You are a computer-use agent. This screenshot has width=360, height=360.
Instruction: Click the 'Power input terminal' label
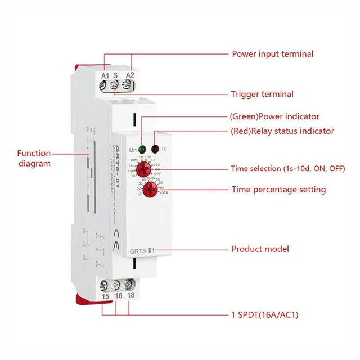point(273,54)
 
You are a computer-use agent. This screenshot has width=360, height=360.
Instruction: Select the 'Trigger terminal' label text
point(262,94)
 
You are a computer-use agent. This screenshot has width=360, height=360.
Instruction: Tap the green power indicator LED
point(142,149)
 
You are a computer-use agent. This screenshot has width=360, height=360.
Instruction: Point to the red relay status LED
point(155,149)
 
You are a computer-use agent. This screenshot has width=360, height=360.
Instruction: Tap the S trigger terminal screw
point(116,85)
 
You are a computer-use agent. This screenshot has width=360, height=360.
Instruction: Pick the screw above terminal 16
point(117,285)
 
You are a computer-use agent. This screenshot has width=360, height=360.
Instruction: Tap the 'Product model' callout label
point(260,249)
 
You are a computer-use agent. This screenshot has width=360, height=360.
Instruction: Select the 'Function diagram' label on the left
point(34,158)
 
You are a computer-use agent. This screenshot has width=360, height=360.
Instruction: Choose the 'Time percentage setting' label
point(278,190)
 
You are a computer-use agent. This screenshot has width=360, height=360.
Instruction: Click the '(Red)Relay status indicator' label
point(282,131)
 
